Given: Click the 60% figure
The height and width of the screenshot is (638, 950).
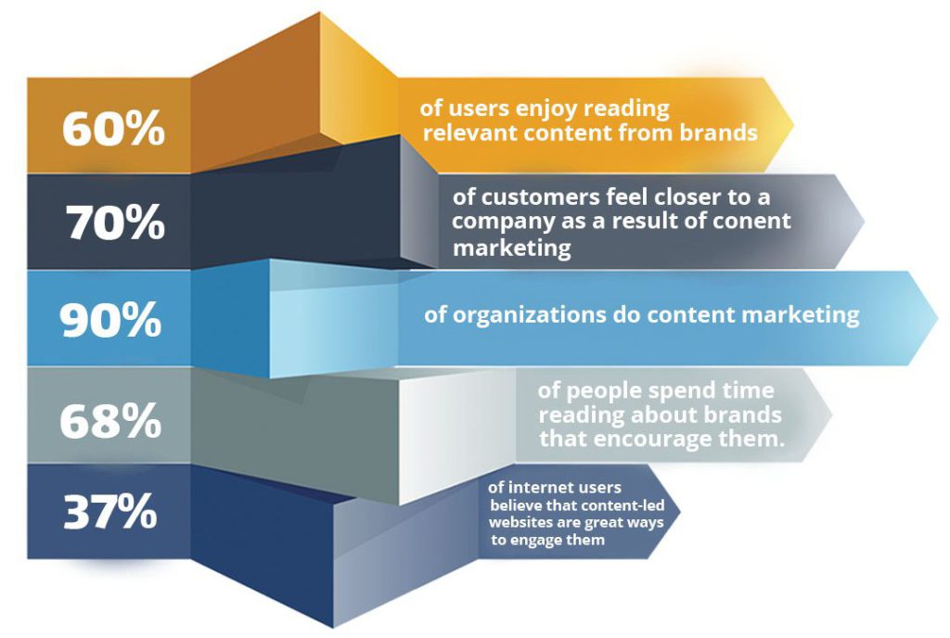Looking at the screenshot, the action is click(113, 128).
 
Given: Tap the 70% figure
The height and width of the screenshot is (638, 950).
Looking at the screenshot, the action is click(115, 223).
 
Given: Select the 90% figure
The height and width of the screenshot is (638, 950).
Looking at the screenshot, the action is click(111, 320).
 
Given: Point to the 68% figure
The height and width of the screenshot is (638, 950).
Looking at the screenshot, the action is click(111, 421).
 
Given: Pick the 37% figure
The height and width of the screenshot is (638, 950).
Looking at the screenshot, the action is click(110, 512).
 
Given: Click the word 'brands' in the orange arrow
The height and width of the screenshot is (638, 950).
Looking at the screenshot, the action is click(719, 132).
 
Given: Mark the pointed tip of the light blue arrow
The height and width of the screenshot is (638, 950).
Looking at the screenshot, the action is click(938, 317).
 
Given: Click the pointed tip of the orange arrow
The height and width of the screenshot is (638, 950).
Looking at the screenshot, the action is click(793, 124).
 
